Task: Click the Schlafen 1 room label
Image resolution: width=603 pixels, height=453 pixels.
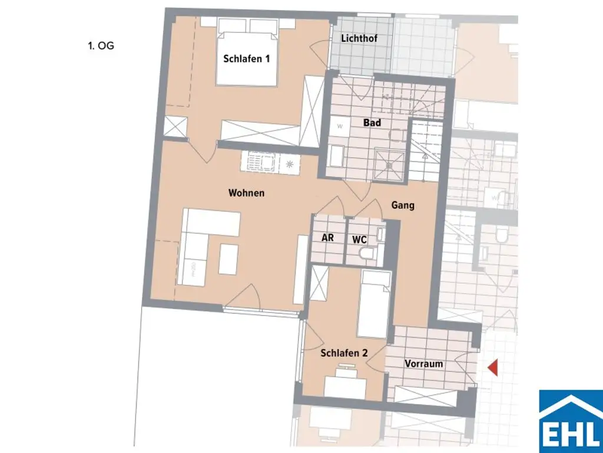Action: point(246,58)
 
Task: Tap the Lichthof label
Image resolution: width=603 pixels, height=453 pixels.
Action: point(359,39)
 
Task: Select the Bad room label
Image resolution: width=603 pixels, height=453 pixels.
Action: point(372,123)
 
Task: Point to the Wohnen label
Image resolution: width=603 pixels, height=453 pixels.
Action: point(247,193)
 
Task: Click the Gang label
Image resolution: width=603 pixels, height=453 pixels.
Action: point(403,205)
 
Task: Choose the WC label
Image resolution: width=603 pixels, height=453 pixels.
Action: point(360,240)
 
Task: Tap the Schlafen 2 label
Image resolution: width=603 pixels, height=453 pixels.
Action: point(344,353)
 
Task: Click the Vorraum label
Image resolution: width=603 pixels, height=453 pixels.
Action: point(423,364)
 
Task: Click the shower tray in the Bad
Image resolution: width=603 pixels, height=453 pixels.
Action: point(389,159)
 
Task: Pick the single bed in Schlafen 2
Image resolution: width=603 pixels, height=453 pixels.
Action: point(375,304)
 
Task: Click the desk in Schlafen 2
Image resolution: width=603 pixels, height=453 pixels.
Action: point(345,387)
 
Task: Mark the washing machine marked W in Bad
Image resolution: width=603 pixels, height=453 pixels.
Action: point(340,126)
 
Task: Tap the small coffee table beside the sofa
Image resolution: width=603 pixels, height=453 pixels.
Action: point(228,260)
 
